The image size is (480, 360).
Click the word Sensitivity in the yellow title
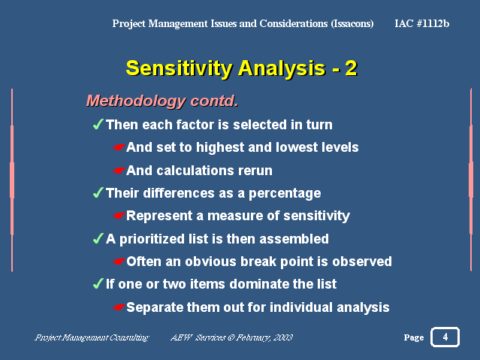[179, 68]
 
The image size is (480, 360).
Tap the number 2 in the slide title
[351, 68]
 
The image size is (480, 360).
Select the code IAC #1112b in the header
[422, 23]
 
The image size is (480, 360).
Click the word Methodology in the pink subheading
[136, 101]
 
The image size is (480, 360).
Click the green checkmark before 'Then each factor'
[98, 125]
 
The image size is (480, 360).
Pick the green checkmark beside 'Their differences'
[98, 192]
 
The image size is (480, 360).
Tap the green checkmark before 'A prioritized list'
[98, 238]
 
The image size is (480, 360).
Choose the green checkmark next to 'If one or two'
[98, 283]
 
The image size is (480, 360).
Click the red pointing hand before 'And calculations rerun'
[119, 171]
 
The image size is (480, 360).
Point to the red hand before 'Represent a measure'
[119, 216]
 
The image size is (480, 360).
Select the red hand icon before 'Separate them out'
[119, 307]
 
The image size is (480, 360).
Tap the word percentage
[285, 194]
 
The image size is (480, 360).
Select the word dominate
[259, 283]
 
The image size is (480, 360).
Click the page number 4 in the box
[445, 337]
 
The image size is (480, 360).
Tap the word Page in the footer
[414, 337]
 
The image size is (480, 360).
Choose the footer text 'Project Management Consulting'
[92, 337]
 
